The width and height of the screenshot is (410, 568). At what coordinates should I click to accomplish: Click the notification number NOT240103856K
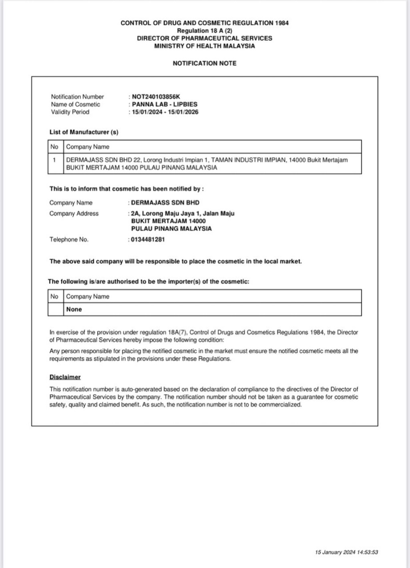click(156, 97)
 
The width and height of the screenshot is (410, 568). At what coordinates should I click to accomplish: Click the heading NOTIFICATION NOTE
click(205, 63)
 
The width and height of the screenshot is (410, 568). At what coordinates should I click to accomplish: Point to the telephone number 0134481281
click(148, 240)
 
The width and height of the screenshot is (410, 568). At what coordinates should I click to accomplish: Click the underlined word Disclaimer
click(65, 377)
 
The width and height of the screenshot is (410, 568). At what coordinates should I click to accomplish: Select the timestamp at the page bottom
click(346, 552)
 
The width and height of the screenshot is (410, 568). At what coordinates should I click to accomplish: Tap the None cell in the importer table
click(74, 309)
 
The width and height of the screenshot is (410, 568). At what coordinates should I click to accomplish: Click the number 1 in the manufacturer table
click(54, 160)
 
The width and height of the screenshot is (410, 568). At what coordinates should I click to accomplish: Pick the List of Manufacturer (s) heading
click(84, 132)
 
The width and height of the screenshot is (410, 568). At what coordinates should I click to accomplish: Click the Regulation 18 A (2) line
click(205, 31)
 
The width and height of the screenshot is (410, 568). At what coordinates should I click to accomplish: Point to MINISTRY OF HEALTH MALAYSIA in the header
click(205, 46)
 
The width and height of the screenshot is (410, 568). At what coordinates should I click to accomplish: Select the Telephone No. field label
click(69, 240)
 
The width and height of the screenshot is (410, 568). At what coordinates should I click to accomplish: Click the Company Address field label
click(74, 214)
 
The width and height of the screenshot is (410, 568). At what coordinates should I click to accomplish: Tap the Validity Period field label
click(70, 112)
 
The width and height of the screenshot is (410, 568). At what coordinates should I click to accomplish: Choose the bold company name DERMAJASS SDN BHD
click(165, 203)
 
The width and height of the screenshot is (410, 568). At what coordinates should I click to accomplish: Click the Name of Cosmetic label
click(76, 104)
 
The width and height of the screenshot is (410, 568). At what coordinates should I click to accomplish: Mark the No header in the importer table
click(54, 296)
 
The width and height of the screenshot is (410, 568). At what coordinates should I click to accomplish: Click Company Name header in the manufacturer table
click(88, 147)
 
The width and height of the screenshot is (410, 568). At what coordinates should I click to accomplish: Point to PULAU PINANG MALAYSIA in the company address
click(171, 229)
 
